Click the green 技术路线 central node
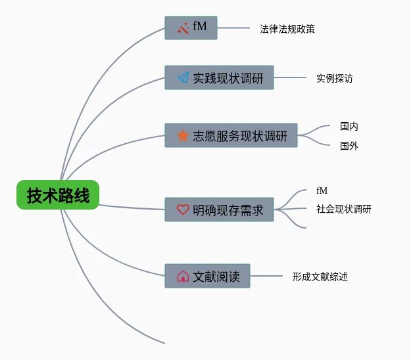point(58,195)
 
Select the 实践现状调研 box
point(219,78)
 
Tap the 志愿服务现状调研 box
point(231,135)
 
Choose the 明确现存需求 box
point(219,210)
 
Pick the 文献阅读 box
point(207,277)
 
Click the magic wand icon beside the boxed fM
point(183,28)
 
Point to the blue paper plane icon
point(183,78)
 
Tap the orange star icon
point(183,135)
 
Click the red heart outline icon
point(183,210)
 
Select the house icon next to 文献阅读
point(183,277)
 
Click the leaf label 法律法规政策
point(287,29)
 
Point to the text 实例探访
point(334,78)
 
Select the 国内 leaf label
point(349,126)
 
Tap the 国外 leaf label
point(349,146)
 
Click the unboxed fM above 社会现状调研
point(322,191)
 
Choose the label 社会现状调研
point(343,210)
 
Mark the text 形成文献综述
point(320,277)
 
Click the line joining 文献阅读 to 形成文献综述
point(266,277)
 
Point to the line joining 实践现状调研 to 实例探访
point(289,78)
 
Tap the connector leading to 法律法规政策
point(233,28)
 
